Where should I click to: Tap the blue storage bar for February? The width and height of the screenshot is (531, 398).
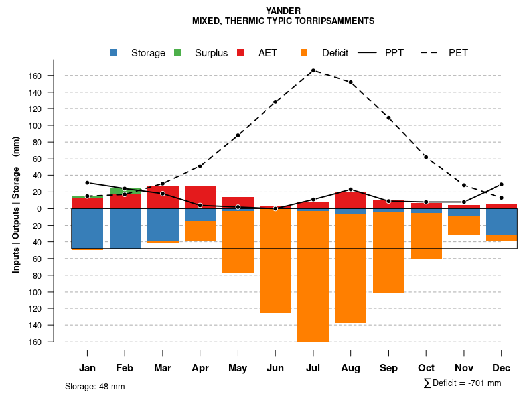pyautogui.click(x=125, y=228)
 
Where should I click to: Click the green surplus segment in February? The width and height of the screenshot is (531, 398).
pyautogui.click(x=125, y=191)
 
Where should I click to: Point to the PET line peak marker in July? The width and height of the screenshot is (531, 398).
pyautogui.click(x=313, y=70)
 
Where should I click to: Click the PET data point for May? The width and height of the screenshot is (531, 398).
pyautogui.click(x=238, y=135)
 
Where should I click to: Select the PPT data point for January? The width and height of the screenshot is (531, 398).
pyautogui.click(x=87, y=182)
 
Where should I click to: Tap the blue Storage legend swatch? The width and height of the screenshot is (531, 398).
pyautogui.click(x=115, y=53)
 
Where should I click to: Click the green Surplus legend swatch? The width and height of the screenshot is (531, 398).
pyautogui.click(x=177, y=53)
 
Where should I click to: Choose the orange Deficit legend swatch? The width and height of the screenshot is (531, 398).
pyautogui.click(x=304, y=53)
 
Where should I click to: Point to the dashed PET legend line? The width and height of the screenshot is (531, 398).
pyautogui.click(x=430, y=53)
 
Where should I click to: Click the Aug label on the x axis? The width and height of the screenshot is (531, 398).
pyautogui.click(x=350, y=368)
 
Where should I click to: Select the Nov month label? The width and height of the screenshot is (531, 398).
pyautogui.click(x=464, y=368)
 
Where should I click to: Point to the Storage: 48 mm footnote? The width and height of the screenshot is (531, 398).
pyautogui.click(x=95, y=386)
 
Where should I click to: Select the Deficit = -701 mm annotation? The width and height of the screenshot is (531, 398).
pyautogui.click(x=463, y=383)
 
